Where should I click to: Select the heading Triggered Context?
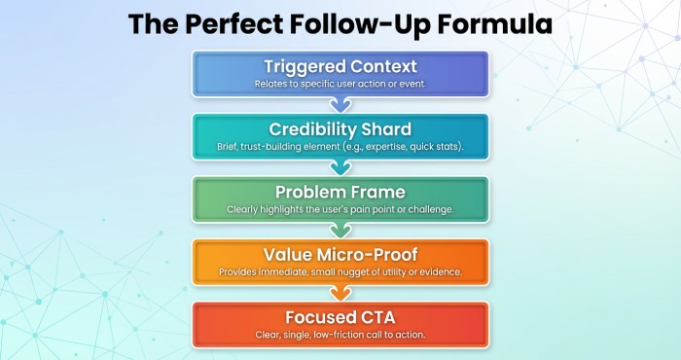(340, 67)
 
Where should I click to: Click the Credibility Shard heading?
(340, 129)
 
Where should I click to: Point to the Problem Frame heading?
(340, 191)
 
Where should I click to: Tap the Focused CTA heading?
(340, 316)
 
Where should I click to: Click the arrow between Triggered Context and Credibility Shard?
(340, 104)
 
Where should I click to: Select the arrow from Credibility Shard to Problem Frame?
(340, 166)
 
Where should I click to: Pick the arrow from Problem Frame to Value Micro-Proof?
(340, 229)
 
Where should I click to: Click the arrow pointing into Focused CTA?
(340, 291)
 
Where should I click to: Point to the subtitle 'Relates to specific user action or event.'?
(340, 85)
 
